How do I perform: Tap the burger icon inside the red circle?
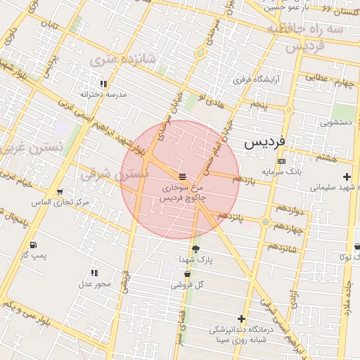pyautogui.click(x=182, y=175)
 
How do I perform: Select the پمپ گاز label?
pyautogui.click(x=34, y=255)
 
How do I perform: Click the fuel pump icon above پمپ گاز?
pyautogui.click(x=33, y=245)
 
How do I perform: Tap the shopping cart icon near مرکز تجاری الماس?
pyautogui.click(x=60, y=192)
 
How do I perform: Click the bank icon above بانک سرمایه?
pyautogui.click(x=282, y=161)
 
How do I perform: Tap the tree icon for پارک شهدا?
pyautogui.click(x=195, y=249)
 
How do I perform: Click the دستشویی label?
pyautogui.click(x=335, y=122)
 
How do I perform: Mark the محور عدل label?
pyautogui.click(x=94, y=283)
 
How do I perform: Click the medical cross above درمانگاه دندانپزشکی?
pyautogui.click(x=242, y=319)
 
